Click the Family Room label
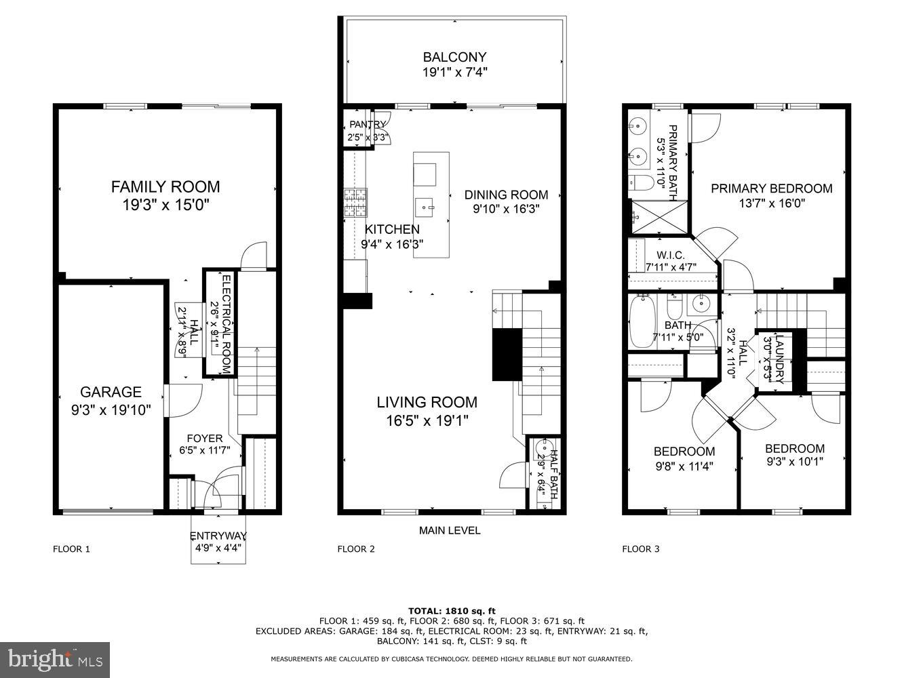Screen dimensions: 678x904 coord(165,186)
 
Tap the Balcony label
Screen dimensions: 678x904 coord(454,57)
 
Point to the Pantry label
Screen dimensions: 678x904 coord(367,124)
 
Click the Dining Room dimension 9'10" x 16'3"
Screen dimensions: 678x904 coord(506,210)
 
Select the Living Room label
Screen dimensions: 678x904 coord(427,402)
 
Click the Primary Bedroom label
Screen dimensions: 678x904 coord(771,188)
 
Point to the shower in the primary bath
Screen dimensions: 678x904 coord(654,216)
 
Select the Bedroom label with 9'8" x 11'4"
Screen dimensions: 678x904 coord(684,452)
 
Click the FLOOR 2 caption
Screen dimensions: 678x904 coord(356,549)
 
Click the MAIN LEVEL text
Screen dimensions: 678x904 coord(449,530)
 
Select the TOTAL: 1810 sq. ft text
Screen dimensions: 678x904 coord(452,610)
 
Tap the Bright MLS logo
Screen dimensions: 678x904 coord(55,658)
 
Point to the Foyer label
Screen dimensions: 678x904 coord(204,439)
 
